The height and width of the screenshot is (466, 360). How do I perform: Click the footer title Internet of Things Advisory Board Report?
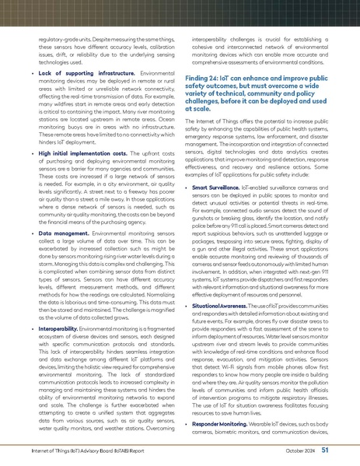[x=88, y=450]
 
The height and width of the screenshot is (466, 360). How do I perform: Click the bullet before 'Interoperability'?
[x=30, y=330]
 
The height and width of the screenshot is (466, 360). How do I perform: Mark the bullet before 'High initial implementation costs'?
[x=30, y=156]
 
